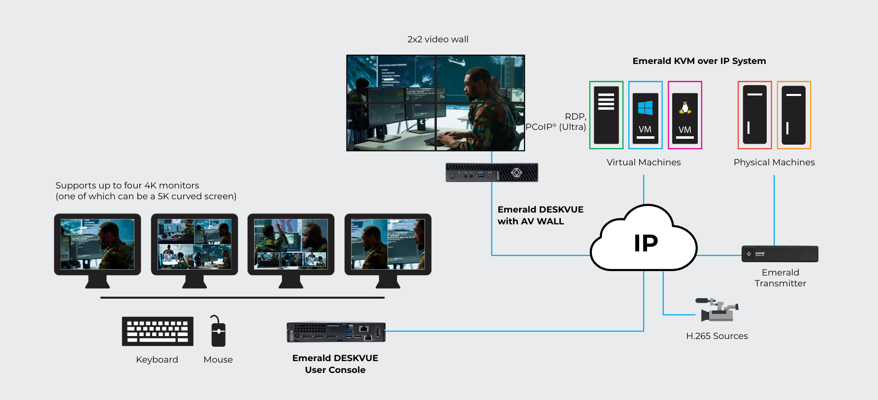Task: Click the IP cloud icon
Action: pos(644,238)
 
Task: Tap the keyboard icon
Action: pos(158,331)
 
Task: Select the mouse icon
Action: pos(218,331)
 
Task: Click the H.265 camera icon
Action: pos(717,309)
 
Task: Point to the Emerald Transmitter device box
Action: pos(780,254)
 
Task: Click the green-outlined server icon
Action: pos(606,115)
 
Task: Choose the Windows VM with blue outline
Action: pos(645,115)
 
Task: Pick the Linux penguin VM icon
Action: pos(685,115)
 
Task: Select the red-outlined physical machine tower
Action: pos(754,115)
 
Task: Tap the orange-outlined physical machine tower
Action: pos(794,115)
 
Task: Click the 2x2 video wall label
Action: pos(438,39)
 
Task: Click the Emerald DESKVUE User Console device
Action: pos(336,332)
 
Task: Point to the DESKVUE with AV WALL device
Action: pos(491,172)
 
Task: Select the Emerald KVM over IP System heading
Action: pos(699,61)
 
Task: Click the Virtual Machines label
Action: pos(644,162)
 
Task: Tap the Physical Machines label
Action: pos(774,162)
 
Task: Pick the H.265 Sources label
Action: pos(717,336)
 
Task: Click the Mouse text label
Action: pos(218,360)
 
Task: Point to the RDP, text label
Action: pos(576,117)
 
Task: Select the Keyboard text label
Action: pos(157,360)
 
